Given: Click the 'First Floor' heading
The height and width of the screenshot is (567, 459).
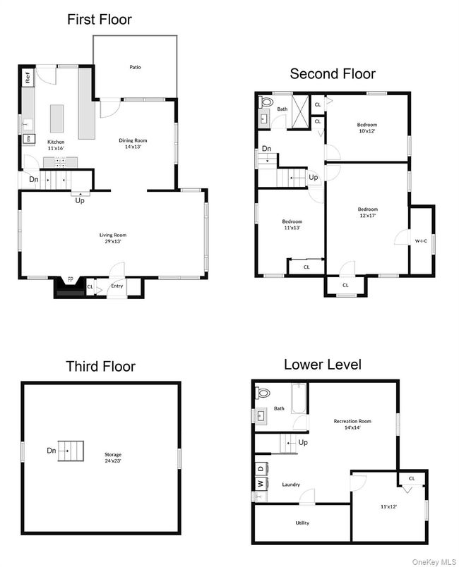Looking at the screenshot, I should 99,19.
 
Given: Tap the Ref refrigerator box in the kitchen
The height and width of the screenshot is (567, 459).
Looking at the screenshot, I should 28,78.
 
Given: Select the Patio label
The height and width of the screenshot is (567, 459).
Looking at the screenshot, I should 134,68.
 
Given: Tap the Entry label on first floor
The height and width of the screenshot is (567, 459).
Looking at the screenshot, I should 117,286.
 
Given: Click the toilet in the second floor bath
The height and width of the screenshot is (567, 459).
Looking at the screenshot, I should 266,103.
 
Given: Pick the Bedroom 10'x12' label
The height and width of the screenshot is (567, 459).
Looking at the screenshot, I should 366,128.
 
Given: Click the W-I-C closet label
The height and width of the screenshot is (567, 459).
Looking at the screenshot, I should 421,241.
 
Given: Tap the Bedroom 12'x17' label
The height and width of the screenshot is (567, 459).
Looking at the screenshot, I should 366,212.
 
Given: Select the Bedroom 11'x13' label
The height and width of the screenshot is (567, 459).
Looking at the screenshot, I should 292,224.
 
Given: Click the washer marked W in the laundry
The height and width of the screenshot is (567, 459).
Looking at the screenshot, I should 260,483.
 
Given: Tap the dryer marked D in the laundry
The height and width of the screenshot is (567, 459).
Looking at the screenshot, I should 260,468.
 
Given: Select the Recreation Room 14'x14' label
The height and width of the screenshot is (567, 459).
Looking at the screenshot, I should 352,425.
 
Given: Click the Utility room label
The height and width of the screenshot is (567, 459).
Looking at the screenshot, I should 302,523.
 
